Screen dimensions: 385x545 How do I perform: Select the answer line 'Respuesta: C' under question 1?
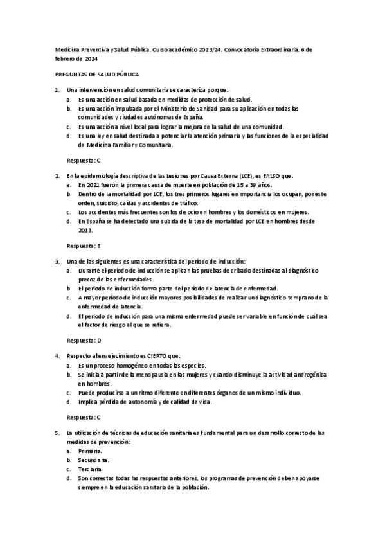pyautogui.click(x=84, y=159)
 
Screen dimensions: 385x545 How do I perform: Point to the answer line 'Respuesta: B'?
pyautogui.click(x=84, y=246)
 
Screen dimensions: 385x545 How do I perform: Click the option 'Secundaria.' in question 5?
pyautogui.click(x=94, y=460)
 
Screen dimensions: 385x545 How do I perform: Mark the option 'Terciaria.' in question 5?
pyautogui.click(x=91, y=470)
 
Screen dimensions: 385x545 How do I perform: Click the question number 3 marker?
pyautogui.click(x=57, y=261)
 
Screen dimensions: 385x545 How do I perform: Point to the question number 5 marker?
pyautogui.click(x=57, y=433)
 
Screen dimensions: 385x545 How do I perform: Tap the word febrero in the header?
pyautogui.click(x=64, y=58)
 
